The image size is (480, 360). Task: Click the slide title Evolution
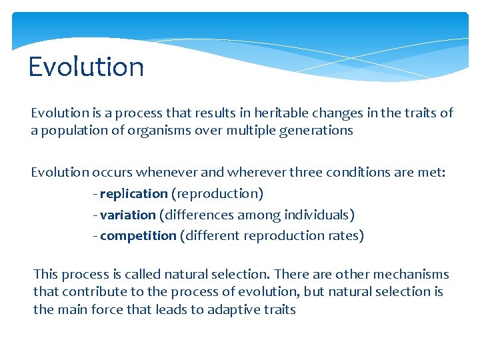click(86, 67)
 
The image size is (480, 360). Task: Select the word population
click(71, 130)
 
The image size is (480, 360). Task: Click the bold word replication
click(133, 193)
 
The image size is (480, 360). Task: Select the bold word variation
click(127, 215)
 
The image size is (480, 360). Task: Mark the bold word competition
click(138, 235)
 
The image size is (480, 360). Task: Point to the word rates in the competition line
click(345, 235)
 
